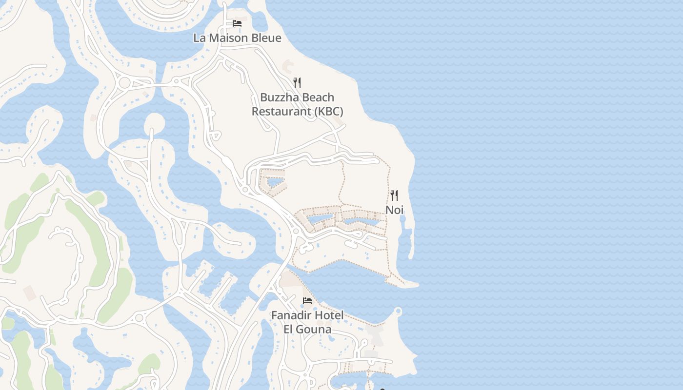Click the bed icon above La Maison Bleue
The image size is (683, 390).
pos(237,23)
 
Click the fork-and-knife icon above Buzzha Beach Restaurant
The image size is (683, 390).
pos(297,82)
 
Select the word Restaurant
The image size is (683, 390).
pos(281,111)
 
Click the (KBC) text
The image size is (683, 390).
pos(328,111)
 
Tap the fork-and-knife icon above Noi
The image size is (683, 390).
pos(394,195)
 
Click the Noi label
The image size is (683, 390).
pos(394,210)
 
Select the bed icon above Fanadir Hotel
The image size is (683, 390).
pos(307,300)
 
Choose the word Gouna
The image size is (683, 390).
pos(314,329)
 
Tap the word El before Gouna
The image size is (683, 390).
pos(289,329)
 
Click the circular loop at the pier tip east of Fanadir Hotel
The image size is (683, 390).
pos(398,311)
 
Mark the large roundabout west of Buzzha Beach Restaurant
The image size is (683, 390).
pos(124,82)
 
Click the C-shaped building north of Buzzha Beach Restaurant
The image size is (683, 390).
pos(286,64)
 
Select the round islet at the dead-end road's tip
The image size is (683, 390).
pos(154,122)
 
